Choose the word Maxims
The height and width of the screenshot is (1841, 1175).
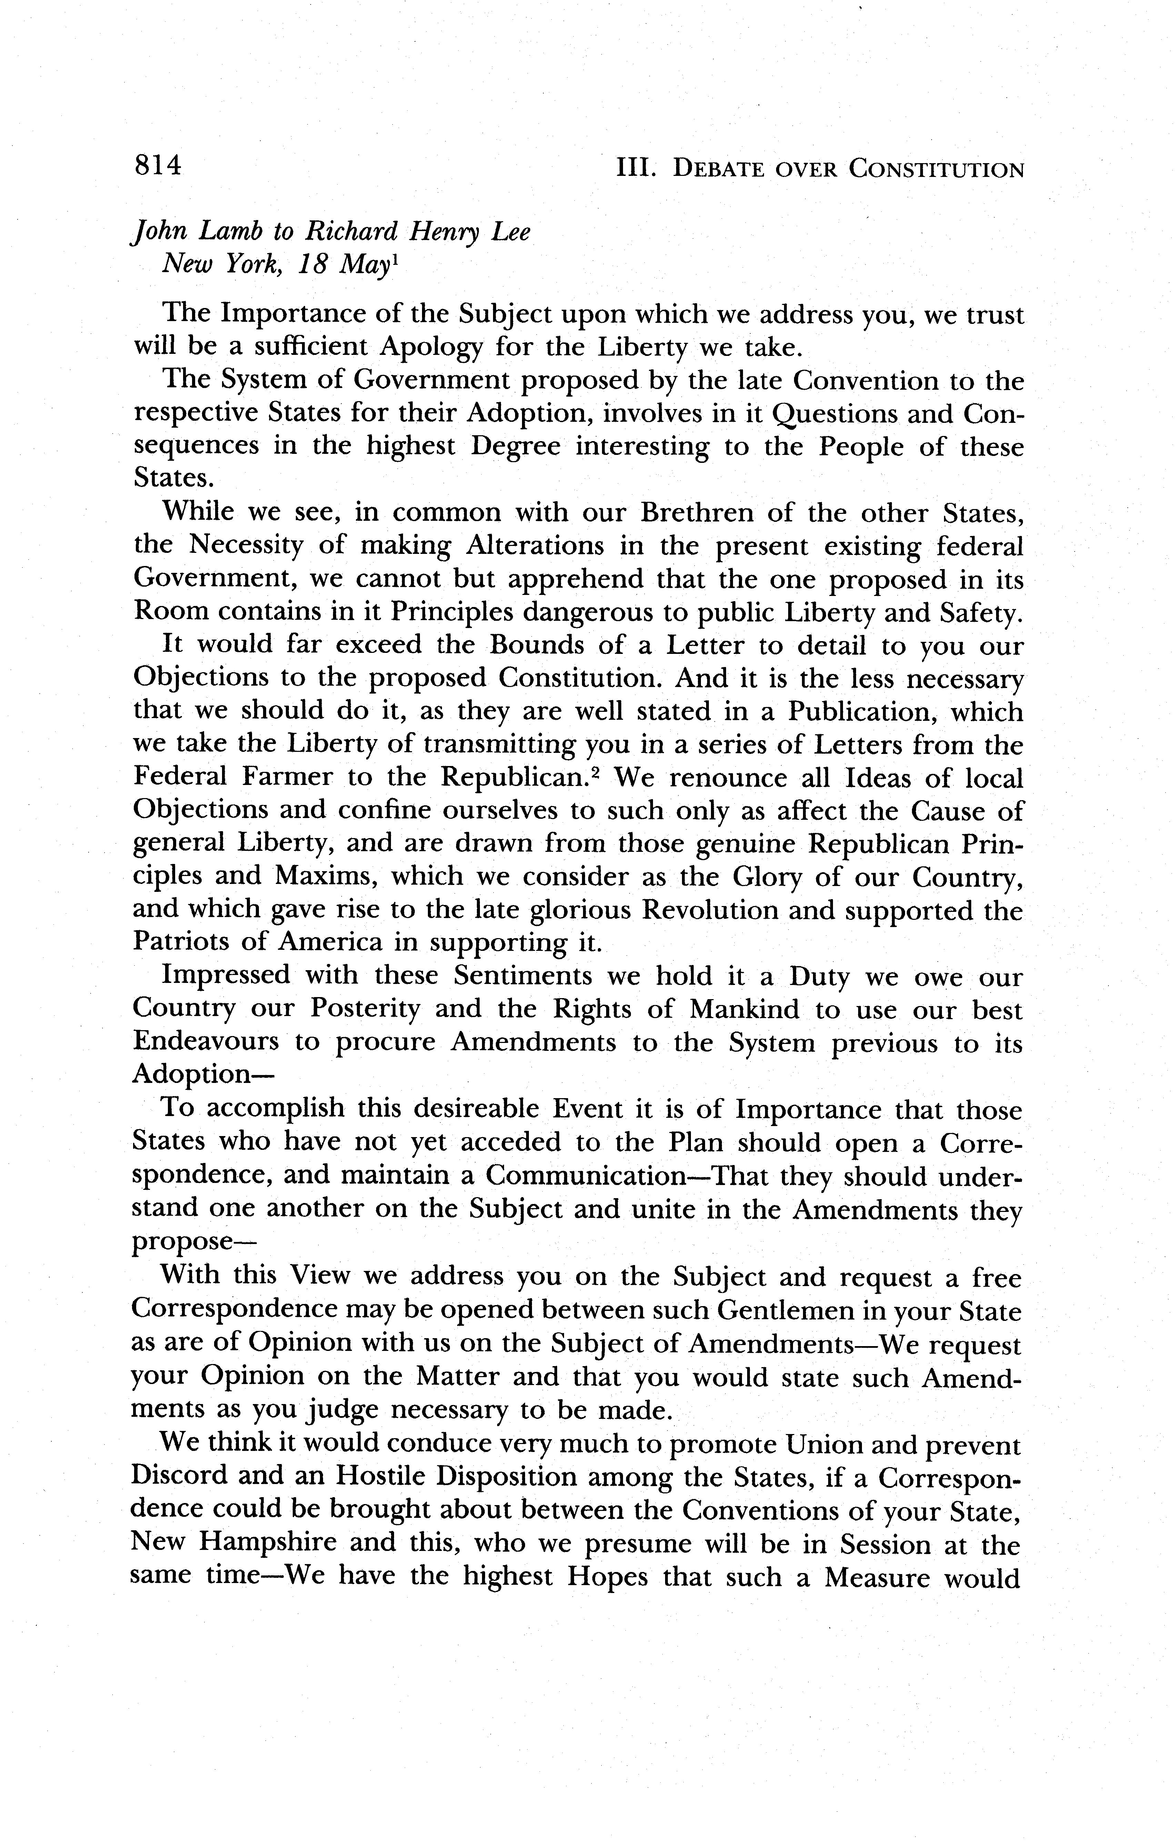coord(323,876)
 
